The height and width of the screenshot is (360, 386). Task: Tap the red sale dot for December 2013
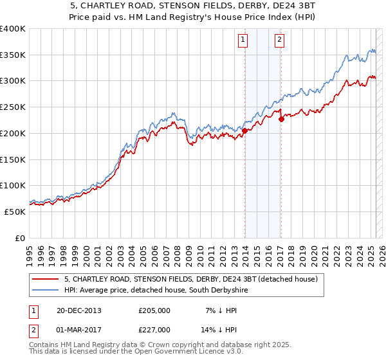click(x=244, y=130)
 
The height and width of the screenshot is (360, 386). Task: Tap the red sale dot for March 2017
click(x=281, y=119)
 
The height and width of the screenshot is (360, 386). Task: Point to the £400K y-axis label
click(x=13, y=29)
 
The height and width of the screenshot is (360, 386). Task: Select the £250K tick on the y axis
click(x=13, y=107)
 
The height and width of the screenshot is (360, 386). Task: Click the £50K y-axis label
click(x=15, y=212)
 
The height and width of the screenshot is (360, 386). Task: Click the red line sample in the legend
click(x=45, y=280)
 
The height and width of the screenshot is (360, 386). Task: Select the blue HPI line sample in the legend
click(x=45, y=291)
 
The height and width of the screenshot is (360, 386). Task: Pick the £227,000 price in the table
click(x=154, y=330)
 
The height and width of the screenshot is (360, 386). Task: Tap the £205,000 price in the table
click(x=154, y=310)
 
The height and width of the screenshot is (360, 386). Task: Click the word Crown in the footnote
click(x=159, y=345)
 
